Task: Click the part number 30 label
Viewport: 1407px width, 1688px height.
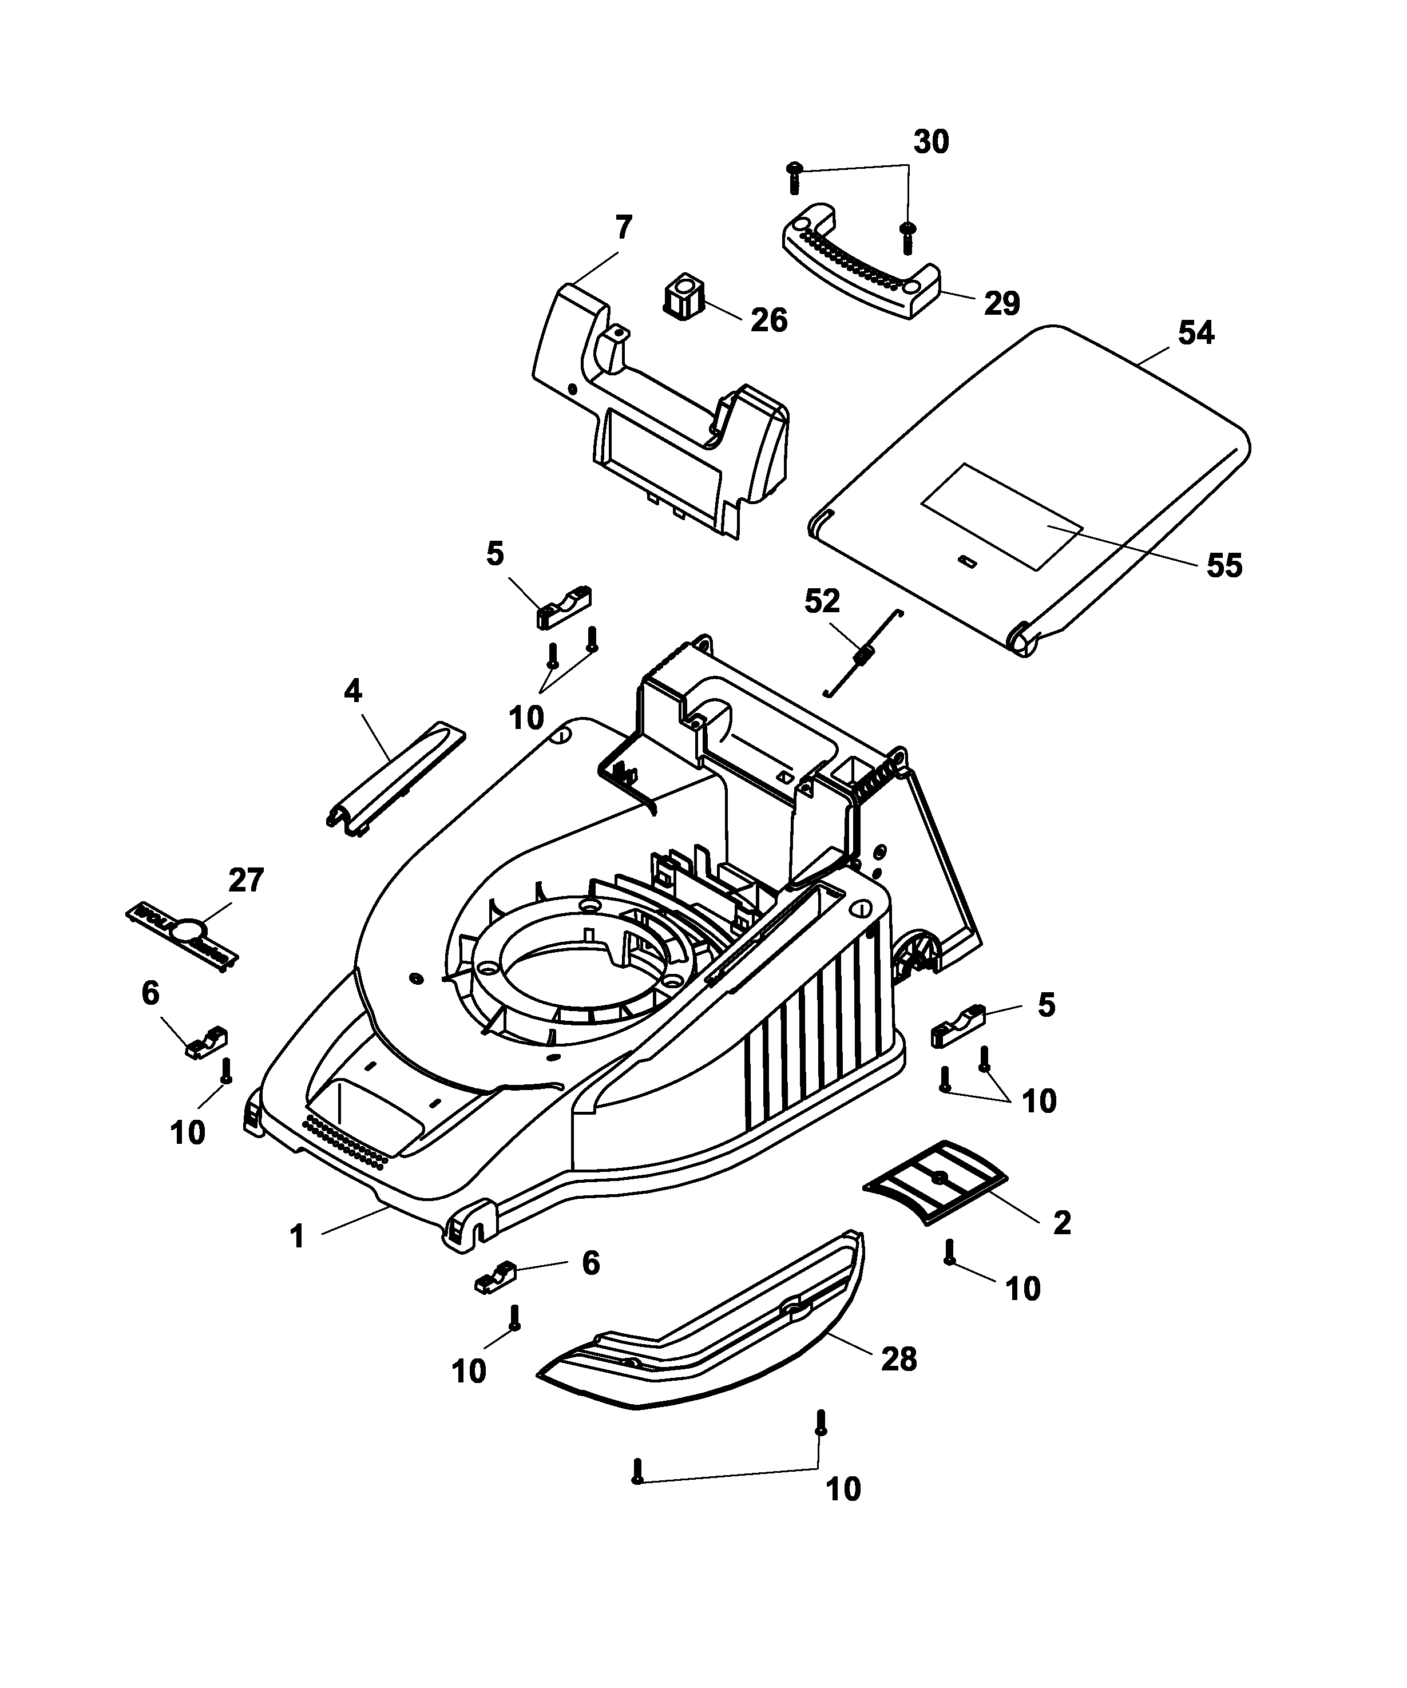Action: coord(931,142)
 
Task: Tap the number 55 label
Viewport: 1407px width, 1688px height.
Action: coord(1224,566)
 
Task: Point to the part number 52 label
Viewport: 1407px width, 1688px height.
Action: coord(822,601)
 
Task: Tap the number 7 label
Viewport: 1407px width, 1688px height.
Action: coord(624,228)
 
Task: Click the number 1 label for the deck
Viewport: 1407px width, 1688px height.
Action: coord(298,1237)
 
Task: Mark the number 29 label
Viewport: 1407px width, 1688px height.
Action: coord(1002,303)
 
